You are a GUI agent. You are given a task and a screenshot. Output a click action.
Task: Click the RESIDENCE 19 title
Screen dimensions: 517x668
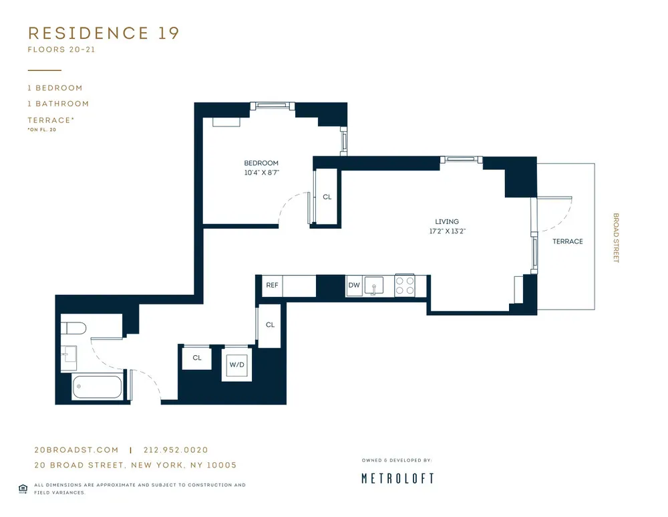104,33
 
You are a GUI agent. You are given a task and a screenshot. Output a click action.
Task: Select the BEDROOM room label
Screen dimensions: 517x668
261,163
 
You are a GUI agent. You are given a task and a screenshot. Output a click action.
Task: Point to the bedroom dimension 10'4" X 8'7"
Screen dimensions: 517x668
261,173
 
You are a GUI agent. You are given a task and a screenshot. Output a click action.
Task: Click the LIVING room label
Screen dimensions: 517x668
447,221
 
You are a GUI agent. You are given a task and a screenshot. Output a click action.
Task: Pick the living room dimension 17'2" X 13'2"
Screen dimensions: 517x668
447,231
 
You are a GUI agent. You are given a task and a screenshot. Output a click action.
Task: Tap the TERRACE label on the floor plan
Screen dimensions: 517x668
567,241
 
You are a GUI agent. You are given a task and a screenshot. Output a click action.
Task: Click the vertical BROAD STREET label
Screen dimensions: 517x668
616,238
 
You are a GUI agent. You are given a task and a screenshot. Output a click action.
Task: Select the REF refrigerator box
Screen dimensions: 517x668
272,285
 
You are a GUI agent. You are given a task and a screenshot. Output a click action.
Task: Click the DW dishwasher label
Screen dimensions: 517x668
353,286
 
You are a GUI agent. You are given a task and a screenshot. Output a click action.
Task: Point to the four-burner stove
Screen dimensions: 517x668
405,286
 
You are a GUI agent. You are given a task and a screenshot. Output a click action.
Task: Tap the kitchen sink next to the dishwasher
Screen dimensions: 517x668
375,286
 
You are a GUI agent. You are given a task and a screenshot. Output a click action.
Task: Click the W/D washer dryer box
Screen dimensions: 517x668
236,365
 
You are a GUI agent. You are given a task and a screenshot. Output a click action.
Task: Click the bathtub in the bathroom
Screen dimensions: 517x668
98,387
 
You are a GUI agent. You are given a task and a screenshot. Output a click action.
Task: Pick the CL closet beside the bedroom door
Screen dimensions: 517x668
327,197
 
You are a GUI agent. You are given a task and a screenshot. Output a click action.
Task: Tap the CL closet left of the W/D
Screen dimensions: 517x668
197,358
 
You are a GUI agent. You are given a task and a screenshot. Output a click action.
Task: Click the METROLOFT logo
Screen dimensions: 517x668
397,478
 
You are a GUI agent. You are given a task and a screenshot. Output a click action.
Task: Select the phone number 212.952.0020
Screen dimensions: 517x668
180,450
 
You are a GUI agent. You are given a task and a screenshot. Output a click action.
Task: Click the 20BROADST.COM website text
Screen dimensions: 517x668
76,450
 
